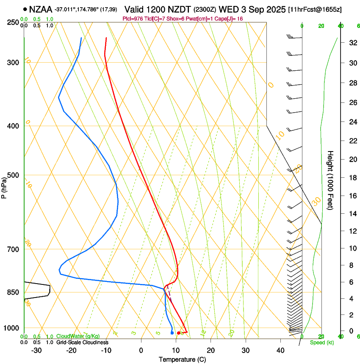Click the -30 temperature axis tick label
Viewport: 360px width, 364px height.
[x=36, y=350]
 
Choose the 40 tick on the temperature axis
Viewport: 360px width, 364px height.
[x=280, y=350]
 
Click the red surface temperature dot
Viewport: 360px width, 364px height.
[x=179, y=333]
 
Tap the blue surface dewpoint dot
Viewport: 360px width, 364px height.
[x=172, y=333]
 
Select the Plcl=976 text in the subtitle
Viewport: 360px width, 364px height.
[x=132, y=19]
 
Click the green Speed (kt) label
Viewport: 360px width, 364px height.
[x=321, y=342]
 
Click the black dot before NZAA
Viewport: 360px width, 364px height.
[x=25, y=9]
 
